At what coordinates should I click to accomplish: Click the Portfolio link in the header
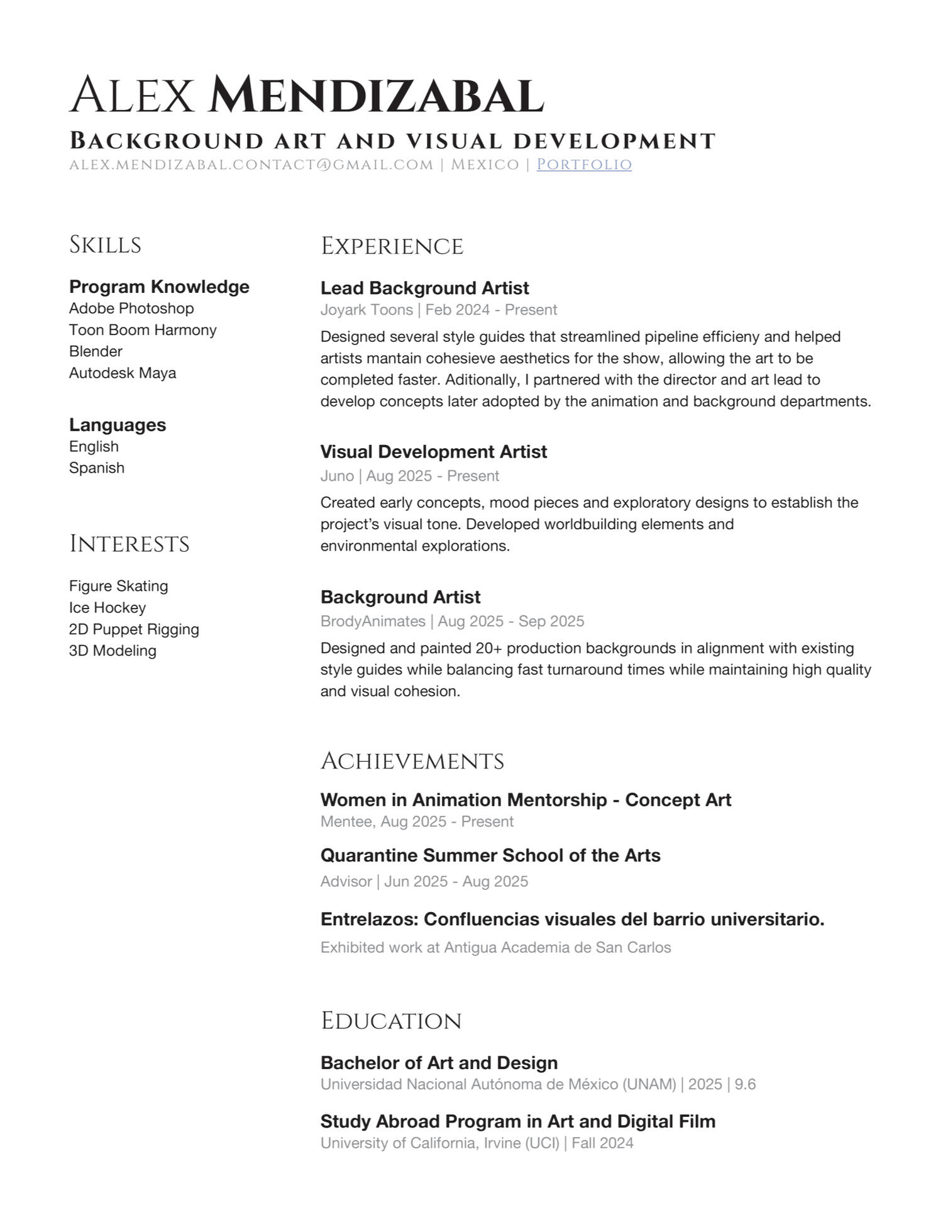[583, 165]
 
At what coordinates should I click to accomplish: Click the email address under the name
[251, 165]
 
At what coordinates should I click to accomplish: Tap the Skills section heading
[105, 245]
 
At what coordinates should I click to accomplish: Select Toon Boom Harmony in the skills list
[143, 330]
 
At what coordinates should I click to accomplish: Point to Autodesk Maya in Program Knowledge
[123, 373]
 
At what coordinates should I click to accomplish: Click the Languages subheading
[118, 425]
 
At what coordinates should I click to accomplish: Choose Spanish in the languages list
[97, 468]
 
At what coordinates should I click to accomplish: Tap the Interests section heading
[129, 544]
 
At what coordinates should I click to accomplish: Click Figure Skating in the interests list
[119, 586]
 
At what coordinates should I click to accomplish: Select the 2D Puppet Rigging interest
[134, 629]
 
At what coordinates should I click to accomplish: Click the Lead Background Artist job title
[424, 288]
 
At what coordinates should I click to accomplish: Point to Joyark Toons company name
[367, 310]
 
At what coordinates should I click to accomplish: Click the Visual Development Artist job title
[433, 452]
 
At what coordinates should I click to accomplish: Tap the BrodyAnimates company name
[373, 621]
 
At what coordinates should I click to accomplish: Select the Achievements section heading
[412, 761]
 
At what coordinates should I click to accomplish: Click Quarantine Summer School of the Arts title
[490, 855]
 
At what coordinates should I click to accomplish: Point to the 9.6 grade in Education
[745, 1084]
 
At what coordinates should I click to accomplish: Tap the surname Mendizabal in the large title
[375, 96]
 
